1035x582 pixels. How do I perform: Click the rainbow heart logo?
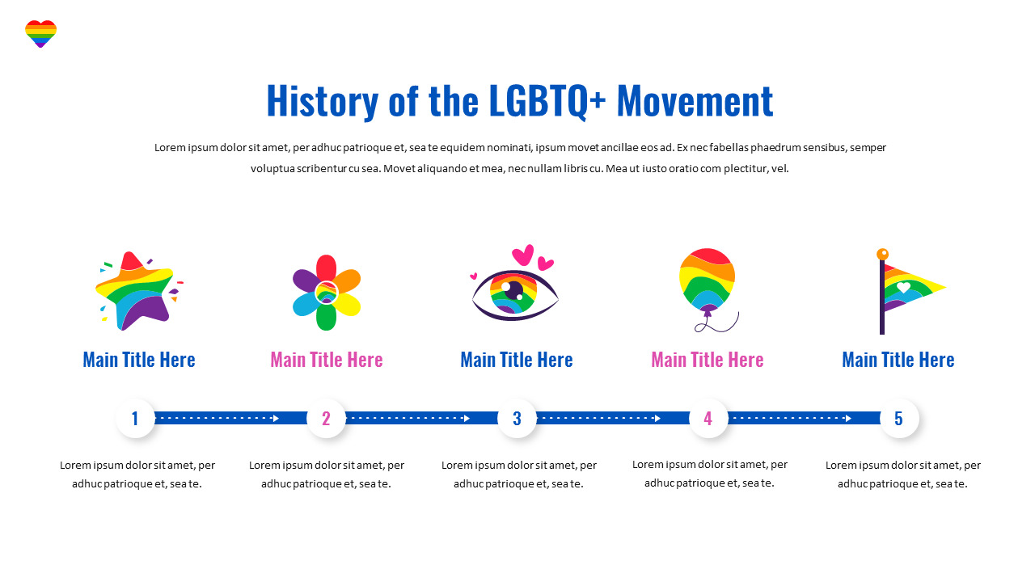[40, 33]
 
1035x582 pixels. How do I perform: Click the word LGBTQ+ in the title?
[538, 101]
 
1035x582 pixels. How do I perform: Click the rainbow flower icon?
[327, 293]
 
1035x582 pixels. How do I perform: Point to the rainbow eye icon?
[515, 294]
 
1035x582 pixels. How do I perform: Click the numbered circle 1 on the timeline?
[135, 419]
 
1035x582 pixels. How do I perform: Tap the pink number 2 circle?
[326, 419]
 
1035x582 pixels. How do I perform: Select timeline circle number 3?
[517, 419]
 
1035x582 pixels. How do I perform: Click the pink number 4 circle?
[708, 419]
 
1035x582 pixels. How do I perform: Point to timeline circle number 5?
[898, 419]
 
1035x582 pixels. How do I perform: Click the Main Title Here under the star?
[139, 360]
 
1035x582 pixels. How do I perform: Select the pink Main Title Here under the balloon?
[708, 360]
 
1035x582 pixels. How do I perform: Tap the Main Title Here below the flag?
[898, 360]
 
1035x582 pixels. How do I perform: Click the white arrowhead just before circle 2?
[276, 419]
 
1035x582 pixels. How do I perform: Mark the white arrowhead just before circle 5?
[848, 419]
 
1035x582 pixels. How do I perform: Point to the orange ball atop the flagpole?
[882, 254]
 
